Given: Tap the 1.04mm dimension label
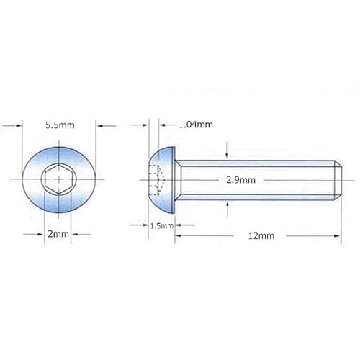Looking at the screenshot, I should tap(195, 124).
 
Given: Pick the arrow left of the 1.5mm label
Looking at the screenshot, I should tap(140, 225).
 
